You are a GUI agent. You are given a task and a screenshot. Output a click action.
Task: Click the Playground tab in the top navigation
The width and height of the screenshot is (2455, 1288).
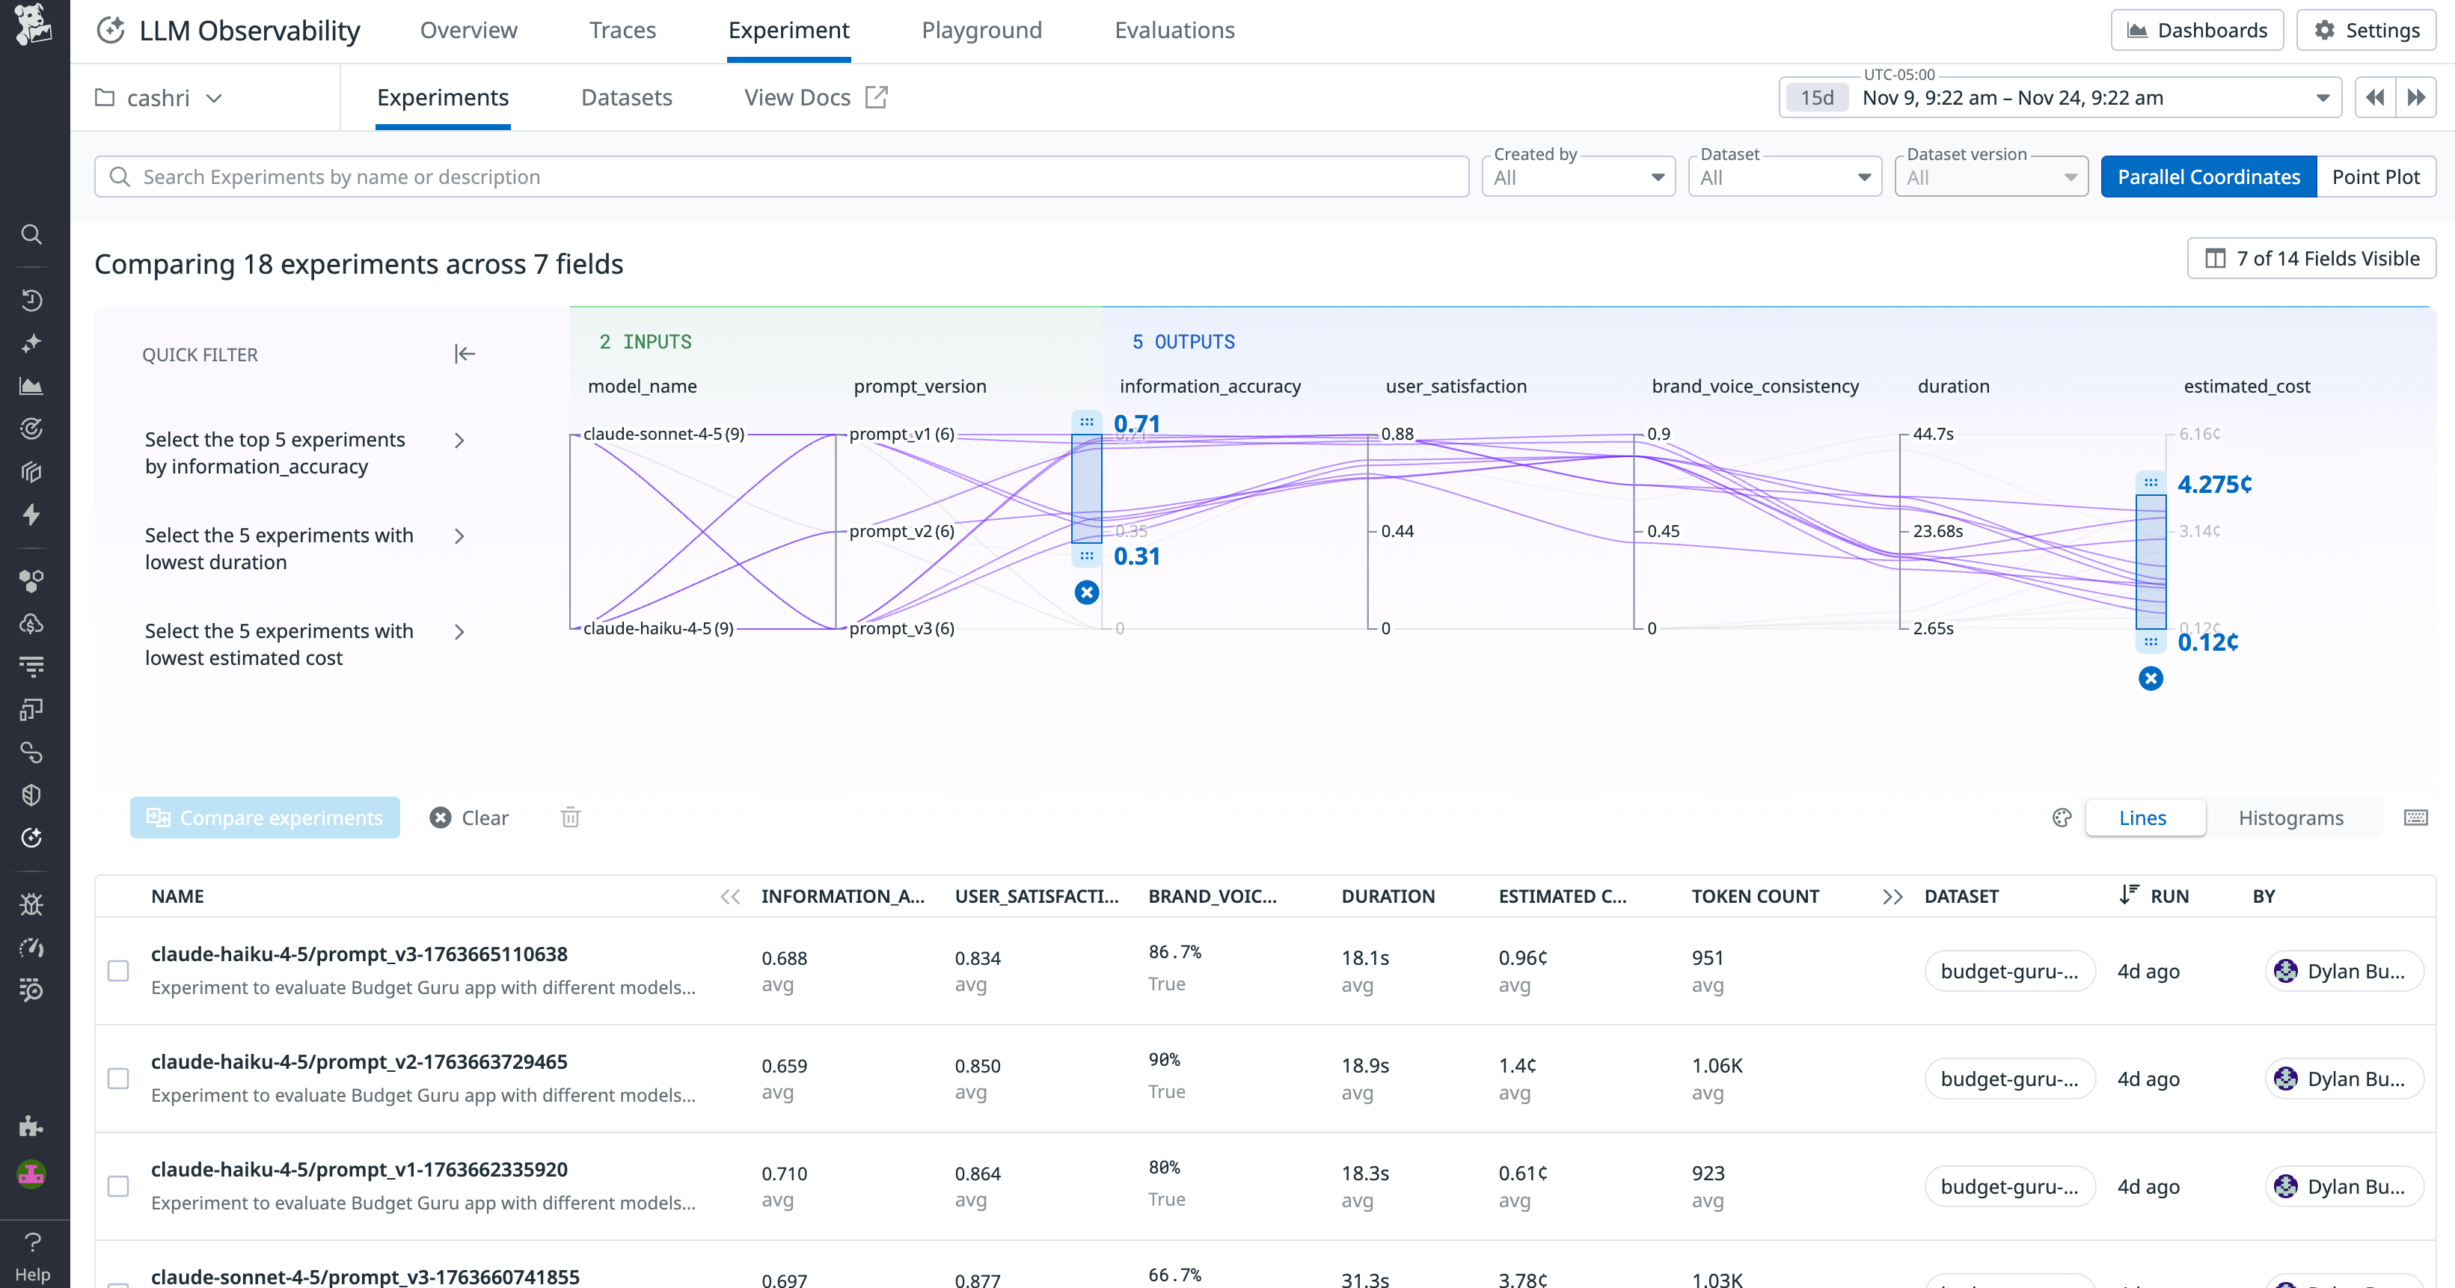click(x=981, y=31)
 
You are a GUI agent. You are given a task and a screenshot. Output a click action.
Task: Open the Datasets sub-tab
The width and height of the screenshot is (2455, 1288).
click(x=626, y=97)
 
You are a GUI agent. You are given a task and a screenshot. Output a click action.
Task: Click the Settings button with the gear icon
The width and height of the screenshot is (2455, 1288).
click(x=2367, y=31)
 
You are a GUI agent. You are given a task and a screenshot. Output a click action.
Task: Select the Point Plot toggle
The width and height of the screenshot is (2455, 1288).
click(x=2375, y=177)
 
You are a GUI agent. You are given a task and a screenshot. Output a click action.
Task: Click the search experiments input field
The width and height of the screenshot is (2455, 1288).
click(x=782, y=177)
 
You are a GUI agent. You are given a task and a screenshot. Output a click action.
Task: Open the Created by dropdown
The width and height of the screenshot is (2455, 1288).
click(x=1578, y=178)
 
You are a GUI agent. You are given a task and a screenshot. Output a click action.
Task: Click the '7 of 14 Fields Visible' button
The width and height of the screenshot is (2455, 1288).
click(x=2311, y=258)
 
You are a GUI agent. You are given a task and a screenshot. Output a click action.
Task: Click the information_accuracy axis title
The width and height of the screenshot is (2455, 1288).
click(x=1210, y=386)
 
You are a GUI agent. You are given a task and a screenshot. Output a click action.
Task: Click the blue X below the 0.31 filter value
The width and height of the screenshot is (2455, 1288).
click(x=1086, y=592)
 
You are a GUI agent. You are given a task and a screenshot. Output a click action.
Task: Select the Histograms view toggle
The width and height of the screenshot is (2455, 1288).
click(x=2290, y=818)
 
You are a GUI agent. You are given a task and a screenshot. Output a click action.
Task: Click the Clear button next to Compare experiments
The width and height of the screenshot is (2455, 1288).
click(x=470, y=818)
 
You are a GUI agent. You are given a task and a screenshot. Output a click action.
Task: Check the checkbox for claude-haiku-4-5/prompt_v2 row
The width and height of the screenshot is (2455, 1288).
click(x=118, y=1079)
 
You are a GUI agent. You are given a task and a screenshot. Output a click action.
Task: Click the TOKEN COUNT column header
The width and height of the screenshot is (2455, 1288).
click(x=1755, y=897)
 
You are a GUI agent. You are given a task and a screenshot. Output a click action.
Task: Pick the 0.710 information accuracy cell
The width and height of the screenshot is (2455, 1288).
click(x=783, y=1174)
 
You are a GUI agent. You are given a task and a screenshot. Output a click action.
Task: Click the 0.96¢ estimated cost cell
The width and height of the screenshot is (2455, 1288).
click(x=1522, y=958)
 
